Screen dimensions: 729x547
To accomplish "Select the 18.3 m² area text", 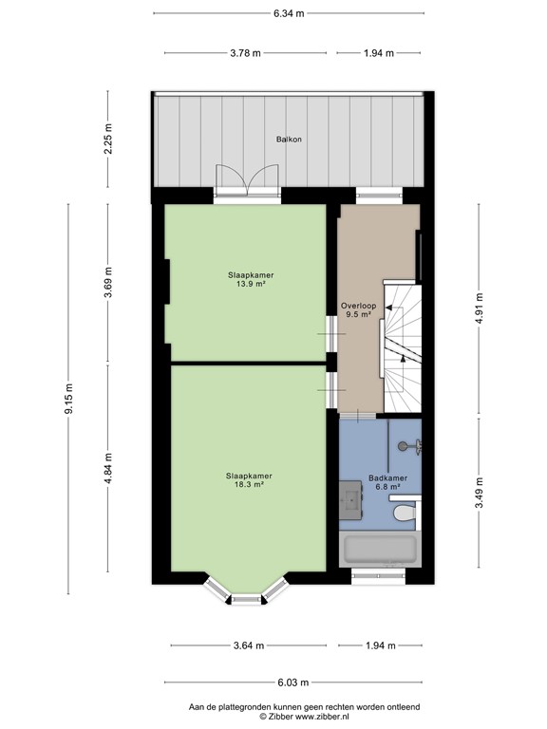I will (x=250, y=484).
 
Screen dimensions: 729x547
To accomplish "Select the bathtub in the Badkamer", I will (x=380, y=550).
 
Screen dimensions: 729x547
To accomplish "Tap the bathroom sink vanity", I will (x=349, y=499).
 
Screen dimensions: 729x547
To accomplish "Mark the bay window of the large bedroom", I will (x=247, y=595).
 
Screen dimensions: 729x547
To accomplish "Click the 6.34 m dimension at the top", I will (x=289, y=13).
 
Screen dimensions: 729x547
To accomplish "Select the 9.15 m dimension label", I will (x=68, y=399).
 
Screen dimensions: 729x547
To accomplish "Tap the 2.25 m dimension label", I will (x=108, y=140).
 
